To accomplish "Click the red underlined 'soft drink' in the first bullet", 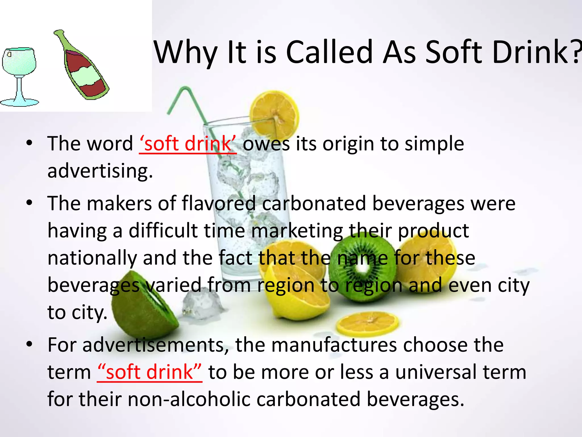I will [x=188, y=144].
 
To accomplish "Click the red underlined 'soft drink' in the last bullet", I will [x=149, y=372].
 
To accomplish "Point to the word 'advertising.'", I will [x=100, y=171].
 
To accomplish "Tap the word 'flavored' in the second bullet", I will [x=219, y=204].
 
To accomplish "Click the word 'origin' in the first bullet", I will [x=348, y=144].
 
